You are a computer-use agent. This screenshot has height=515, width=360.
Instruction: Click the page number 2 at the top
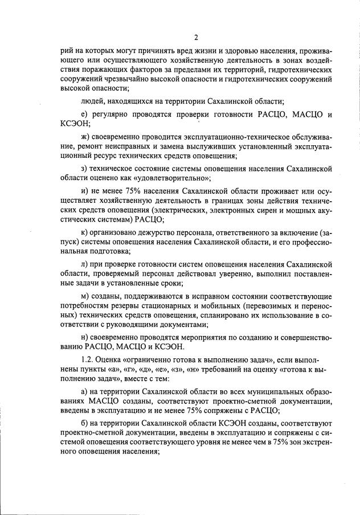[195, 38]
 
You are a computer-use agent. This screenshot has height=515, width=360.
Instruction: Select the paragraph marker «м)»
[86, 297]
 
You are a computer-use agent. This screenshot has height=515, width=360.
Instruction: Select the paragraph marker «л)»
[85, 265]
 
